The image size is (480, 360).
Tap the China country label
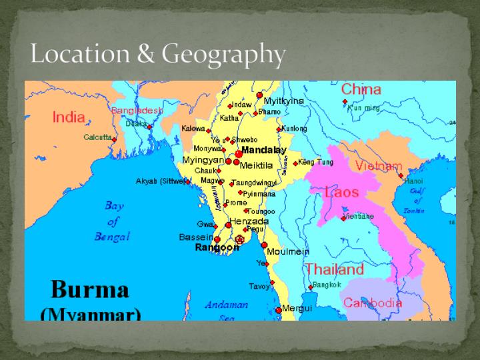coord(361,89)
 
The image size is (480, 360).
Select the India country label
coord(69,118)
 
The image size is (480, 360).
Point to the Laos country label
coord(341,193)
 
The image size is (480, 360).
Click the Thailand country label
coord(335,269)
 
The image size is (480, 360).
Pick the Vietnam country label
coord(378,166)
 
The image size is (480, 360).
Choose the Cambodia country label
coord(372,303)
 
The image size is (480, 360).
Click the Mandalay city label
coord(263,150)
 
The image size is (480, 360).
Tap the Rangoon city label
coord(217,247)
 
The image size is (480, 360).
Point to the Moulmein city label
coord(288,251)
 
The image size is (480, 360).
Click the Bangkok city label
coord(327,285)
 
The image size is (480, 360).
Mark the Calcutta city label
coord(97,137)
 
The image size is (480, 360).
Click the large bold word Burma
coord(90,289)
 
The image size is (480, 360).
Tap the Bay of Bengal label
coord(113,221)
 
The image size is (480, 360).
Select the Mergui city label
coord(297,308)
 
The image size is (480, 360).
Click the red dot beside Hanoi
coord(401,176)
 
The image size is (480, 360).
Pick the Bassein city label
coord(196,237)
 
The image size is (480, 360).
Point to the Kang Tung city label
coord(315,162)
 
